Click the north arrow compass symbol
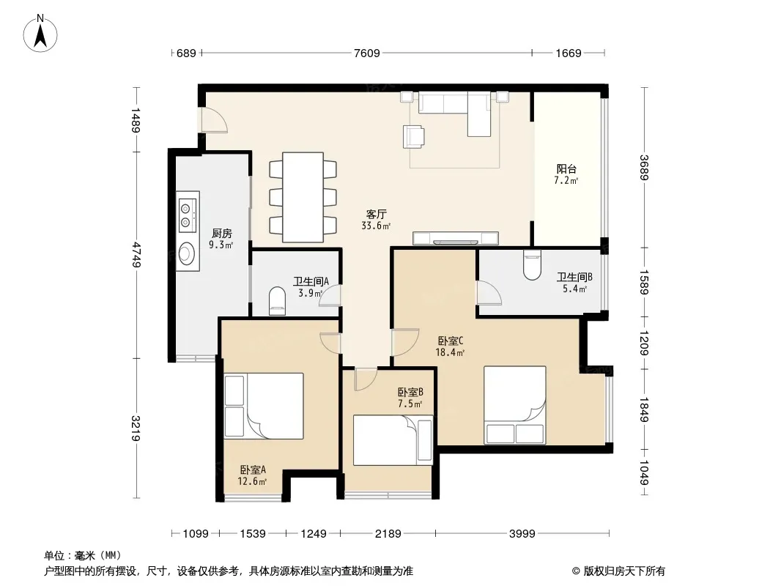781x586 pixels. pyautogui.click(x=40, y=34)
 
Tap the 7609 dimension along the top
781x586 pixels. pyautogui.click(x=366, y=53)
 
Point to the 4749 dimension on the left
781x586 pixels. pyautogui.click(x=136, y=254)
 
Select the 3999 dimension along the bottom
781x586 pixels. pyautogui.click(x=522, y=534)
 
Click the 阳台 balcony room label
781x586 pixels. pyautogui.click(x=566, y=168)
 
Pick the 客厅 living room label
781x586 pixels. pyautogui.click(x=376, y=214)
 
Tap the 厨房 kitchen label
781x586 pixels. pyautogui.click(x=222, y=233)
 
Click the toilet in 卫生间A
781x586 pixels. pyautogui.click(x=277, y=301)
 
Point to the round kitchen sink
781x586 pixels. pyautogui.click(x=187, y=253)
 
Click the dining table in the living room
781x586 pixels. pyautogui.click(x=303, y=197)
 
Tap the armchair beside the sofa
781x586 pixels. pyautogui.click(x=414, y=136)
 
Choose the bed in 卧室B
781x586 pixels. pyautogui.click(x=393, y=440)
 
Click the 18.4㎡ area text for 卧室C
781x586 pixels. pyautogui.click(x=450, y=353)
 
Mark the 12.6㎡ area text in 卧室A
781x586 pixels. pyautogui.click(x=252, y=481)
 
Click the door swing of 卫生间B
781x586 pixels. pyautogui.click(x=489, y=292)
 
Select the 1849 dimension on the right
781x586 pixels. pyautogui.click(x=644, y=409)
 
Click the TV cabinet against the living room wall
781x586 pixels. pyautogui.click(x=456, y=239)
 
